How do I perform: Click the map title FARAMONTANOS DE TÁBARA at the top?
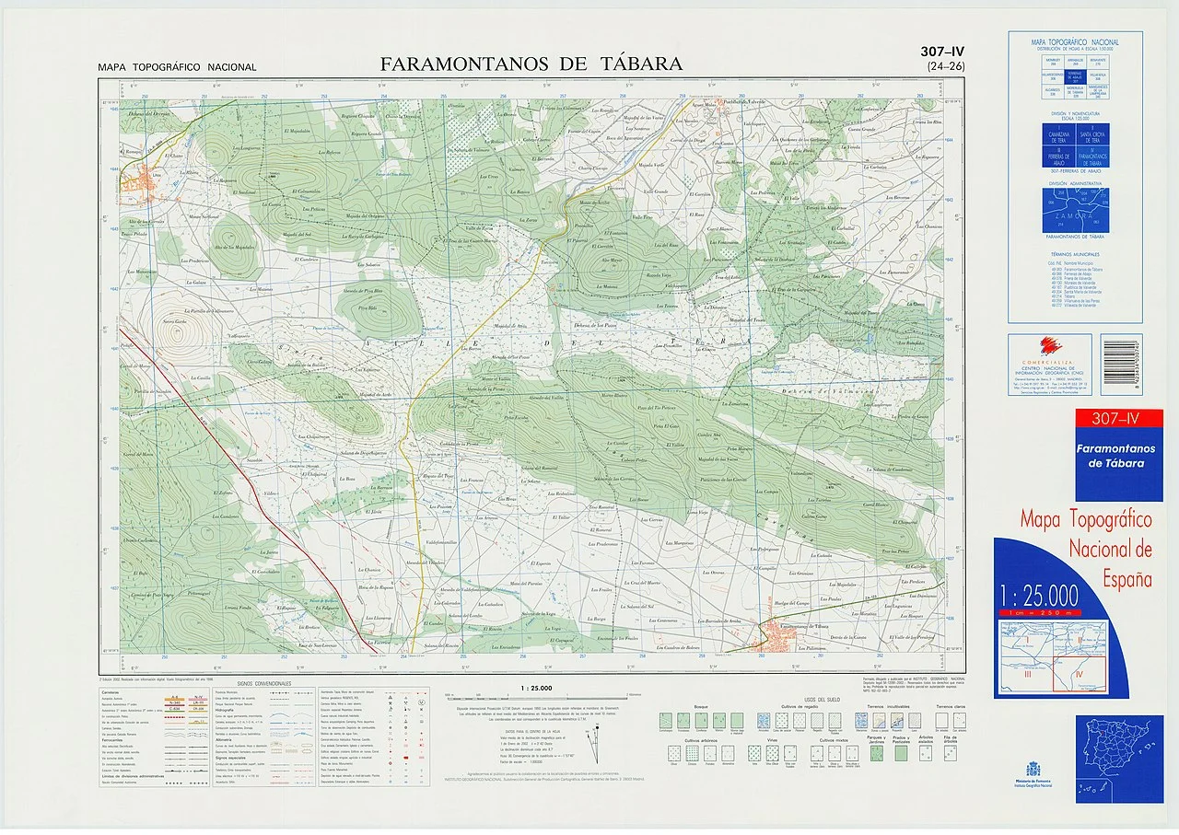[531, 64]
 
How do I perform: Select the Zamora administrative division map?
[1075, 211]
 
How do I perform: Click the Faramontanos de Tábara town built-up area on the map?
[772, 636]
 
